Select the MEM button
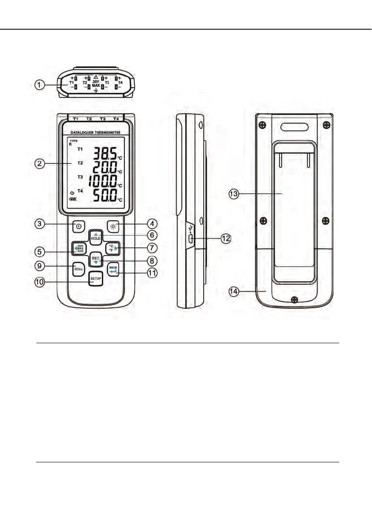pyautogui.click(x=113, y=269)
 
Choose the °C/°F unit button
pyautogui.click(x=112, y=248)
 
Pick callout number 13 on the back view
pyautogui.click(x=235, y=194)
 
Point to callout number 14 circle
pyautogui.click(x=235, y=291)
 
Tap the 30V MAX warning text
pyautogui.click(x=96, y=83)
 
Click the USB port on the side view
pyautogui.click(x=190, y=239)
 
